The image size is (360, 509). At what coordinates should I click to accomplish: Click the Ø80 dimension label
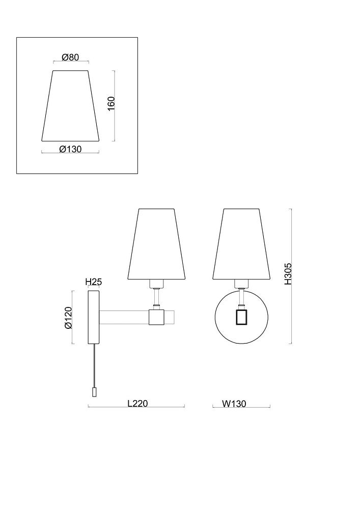(70, 57)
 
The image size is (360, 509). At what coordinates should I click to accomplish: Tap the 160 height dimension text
(111, 103)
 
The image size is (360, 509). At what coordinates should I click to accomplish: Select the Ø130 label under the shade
(70, 149)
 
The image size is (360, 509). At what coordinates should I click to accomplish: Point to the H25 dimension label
(94, 282)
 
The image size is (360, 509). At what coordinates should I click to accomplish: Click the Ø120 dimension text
(68, 318)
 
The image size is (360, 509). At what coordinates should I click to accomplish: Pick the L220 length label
(137, 403)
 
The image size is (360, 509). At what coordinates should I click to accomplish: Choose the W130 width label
(234, 404)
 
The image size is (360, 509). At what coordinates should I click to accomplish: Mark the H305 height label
(288, 274)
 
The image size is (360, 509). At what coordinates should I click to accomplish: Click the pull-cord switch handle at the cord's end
(94, 392)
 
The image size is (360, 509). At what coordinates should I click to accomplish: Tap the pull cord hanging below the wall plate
(94, 366)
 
